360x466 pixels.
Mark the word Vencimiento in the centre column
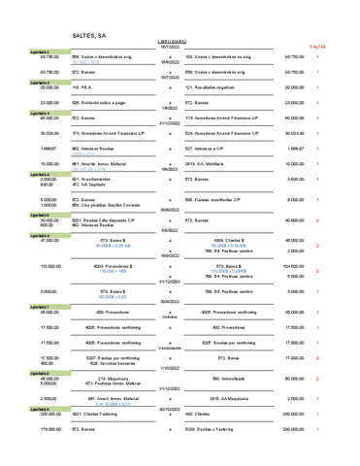tap(170, 347)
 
